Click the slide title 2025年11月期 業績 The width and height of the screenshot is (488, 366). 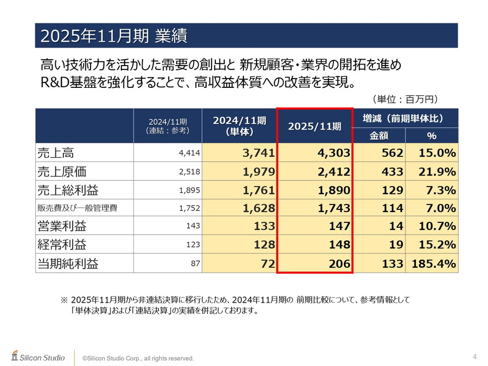114,36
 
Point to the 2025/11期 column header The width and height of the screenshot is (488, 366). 314,126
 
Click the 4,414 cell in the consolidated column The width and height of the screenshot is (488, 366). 189,153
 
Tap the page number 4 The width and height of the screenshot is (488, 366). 474,356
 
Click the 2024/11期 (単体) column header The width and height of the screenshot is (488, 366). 239,125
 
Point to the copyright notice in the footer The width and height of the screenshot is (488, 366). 138,358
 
